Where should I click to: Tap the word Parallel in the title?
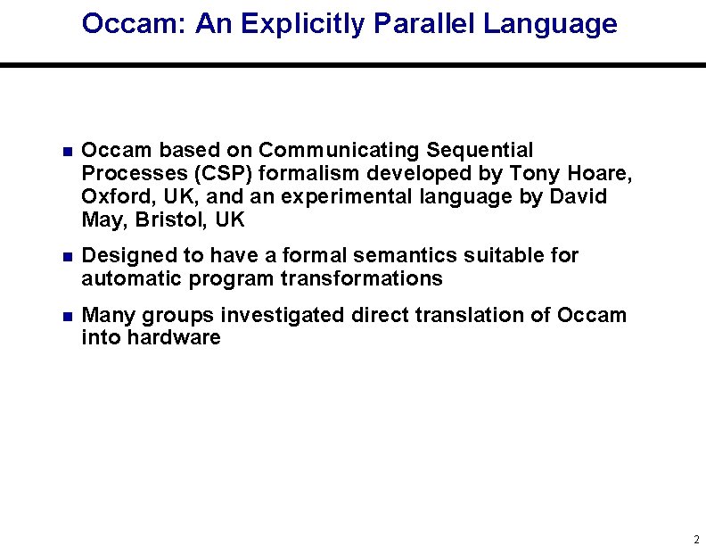(x=425, y=24)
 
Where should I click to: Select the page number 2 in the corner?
(x=695, y=539)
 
